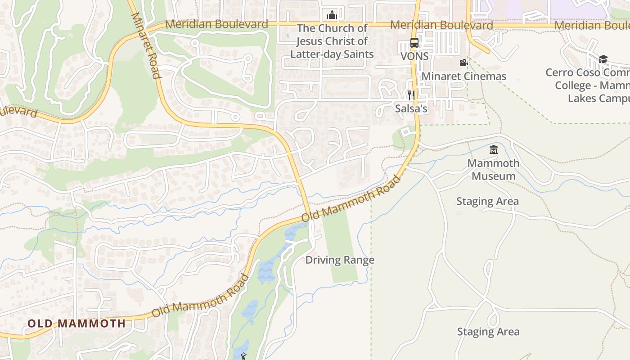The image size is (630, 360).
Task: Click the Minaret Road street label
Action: tap(146, 45)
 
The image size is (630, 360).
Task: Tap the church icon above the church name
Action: tap(332, 15)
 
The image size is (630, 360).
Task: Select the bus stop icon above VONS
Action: tap(414, 43)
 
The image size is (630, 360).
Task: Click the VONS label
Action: tap(414, 57)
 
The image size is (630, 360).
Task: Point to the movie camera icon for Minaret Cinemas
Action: tap(463, 63)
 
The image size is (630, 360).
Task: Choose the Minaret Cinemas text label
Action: tap(463, 76)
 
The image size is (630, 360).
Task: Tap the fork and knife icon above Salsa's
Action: tap(411, 95)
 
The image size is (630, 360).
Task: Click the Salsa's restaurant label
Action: tap(411, 108)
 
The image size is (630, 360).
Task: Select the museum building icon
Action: tap(494, 149)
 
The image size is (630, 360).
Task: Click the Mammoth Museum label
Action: tap(493, 170)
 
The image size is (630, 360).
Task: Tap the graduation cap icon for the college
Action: tap(603, 59)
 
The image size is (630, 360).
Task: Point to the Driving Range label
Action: tap(340, 260)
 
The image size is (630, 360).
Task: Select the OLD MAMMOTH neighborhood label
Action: tap(76, 323)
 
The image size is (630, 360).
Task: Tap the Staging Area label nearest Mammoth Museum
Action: tap(487, 201)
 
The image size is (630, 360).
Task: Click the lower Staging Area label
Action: tap(488, 332)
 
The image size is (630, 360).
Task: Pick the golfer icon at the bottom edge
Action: tap(244, 356)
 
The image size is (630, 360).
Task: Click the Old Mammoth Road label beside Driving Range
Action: tap(351, 198)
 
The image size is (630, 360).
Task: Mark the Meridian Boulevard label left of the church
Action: tap(216, 24)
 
